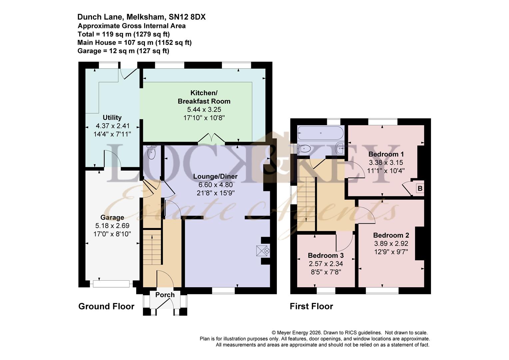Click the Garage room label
[112, 218]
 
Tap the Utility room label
[112, 117]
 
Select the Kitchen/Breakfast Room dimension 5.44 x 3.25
[204, 109]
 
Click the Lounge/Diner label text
[216, 176]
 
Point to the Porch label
[165, 295]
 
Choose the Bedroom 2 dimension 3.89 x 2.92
[391, 244]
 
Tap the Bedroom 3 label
[325, 255]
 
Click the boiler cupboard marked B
[420, 188]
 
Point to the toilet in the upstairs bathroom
[303, 148]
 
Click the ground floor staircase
[152, 247]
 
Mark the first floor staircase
[306, 203]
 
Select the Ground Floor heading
[106, 306]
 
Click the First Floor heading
[311, 306]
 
